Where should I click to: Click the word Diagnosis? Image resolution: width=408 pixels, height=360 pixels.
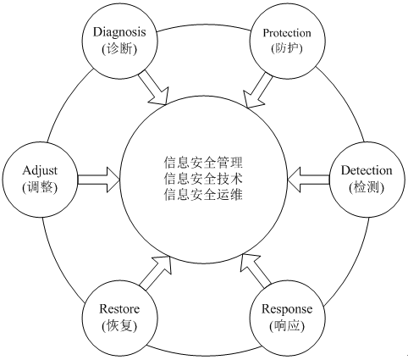pyautogui.click(x=119, y=32)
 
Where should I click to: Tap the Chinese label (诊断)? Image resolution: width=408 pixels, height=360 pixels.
pyautogui.click(x=119, y=49)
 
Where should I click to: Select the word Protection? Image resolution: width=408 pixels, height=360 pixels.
pyautogui.click(x=287, y=33)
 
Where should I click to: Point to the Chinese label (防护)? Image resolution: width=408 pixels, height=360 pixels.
pyautogui.click(x=287, y=48)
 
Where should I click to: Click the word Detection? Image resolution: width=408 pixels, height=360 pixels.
pyautogui.click(x=367, y=170)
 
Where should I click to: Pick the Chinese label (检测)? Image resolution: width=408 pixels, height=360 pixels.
pyautogui.click(x=367, y=187)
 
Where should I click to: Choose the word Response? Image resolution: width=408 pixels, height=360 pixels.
pyautogui.click(x=287, y=310)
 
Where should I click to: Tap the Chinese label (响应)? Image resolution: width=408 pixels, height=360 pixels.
pyautogui.click(x=287, y=326)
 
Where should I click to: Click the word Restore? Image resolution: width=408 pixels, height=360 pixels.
pyautogui.click(x=119, y=309)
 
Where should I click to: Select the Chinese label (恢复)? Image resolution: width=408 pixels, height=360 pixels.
pyautogui.click(x=119, y=326)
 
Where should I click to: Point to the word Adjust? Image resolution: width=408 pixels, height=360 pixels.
pyautogui.click(x=40, y=171)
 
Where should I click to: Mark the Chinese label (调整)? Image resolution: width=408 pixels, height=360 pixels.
pyautogui.click(x=40, y=187)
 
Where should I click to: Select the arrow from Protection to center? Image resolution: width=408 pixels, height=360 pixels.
pyautogui.click(x=257, y=91)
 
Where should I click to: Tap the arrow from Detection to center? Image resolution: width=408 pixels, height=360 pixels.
pyautogui.click(x=308, y=180)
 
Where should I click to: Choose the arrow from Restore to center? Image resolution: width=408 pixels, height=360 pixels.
pyautogui.click(x=156, y=273)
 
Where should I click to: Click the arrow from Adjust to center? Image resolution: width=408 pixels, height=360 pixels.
pyautogui.click(x=98, y=180)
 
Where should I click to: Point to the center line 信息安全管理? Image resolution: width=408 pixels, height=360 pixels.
pyautogui.click(x=203, y=163)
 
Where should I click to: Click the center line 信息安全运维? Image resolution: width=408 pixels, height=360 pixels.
pyautogui.click(x=203, y=195)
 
